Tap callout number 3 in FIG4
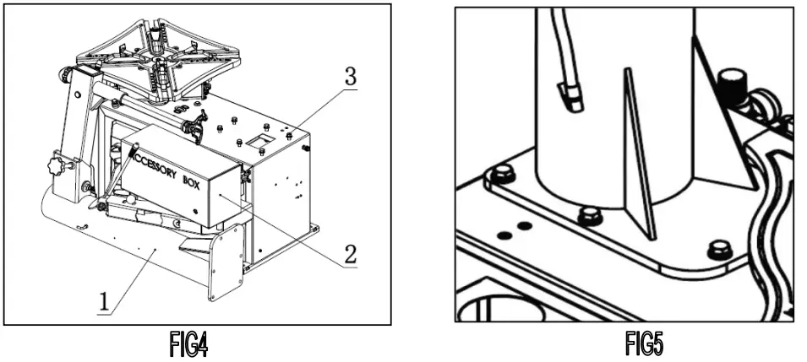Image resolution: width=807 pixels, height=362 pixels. click(x=347, y=76)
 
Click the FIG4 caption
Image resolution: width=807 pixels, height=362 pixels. click(x=188, y=344)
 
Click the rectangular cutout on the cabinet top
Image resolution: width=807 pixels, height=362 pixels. click(x=264, y=135)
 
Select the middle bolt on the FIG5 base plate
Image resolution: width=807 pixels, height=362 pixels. click(x=590, y=215)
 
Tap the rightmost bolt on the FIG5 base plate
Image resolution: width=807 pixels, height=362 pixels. click(x=719, y=249)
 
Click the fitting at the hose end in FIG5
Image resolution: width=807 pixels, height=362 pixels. click(x=573, y=99)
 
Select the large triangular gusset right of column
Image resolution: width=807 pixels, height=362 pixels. click(x=718, y=127)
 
